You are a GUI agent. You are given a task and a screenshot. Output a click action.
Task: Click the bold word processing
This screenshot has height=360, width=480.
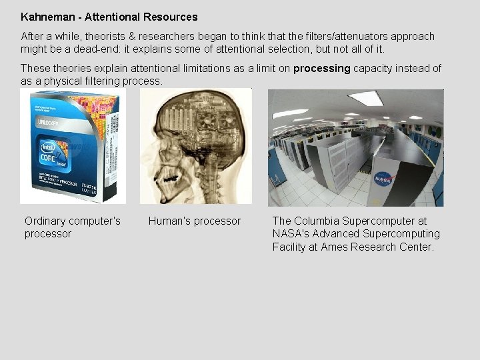(321, 68)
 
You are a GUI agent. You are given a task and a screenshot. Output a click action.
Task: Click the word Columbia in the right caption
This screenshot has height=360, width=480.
(317, 221)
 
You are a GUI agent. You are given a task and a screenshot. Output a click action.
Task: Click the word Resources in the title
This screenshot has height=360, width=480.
(170, 16)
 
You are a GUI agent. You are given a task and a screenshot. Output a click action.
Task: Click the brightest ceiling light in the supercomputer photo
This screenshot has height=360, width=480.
(365, 99)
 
